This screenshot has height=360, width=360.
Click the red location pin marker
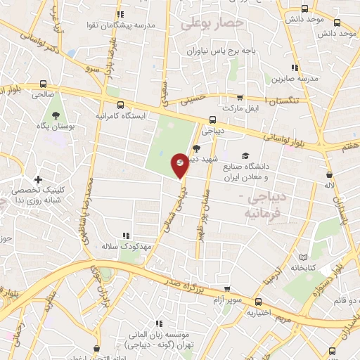180,165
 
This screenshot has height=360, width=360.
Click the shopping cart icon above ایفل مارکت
240,98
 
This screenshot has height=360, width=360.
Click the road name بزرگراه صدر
186,284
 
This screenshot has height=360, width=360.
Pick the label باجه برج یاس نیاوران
224,50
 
